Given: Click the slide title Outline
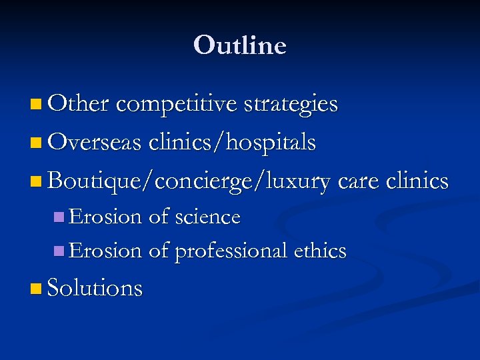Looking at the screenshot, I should coord(240,45).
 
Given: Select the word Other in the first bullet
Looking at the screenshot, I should coord(79,104).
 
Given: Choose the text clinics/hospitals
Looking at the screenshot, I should coord(233,142).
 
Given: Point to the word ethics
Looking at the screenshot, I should coord(320,251).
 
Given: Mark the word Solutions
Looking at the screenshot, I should coord(95,288).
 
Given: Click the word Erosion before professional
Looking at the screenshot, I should coord(105,251).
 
